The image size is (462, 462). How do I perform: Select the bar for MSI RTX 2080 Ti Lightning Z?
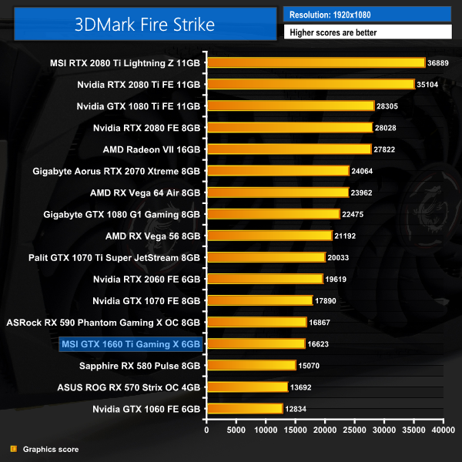(316, 62)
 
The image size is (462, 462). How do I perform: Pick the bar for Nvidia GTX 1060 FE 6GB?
(244, 409)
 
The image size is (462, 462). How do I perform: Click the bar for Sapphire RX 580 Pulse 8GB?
(251, 365)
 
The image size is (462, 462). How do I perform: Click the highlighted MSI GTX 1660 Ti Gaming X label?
(129, 343)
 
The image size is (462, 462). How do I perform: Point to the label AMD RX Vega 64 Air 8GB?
(145, 192)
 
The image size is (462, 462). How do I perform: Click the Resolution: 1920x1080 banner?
(367, 14)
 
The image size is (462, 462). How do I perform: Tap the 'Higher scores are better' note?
(367, 32)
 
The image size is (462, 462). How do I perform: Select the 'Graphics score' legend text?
(51, 449)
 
